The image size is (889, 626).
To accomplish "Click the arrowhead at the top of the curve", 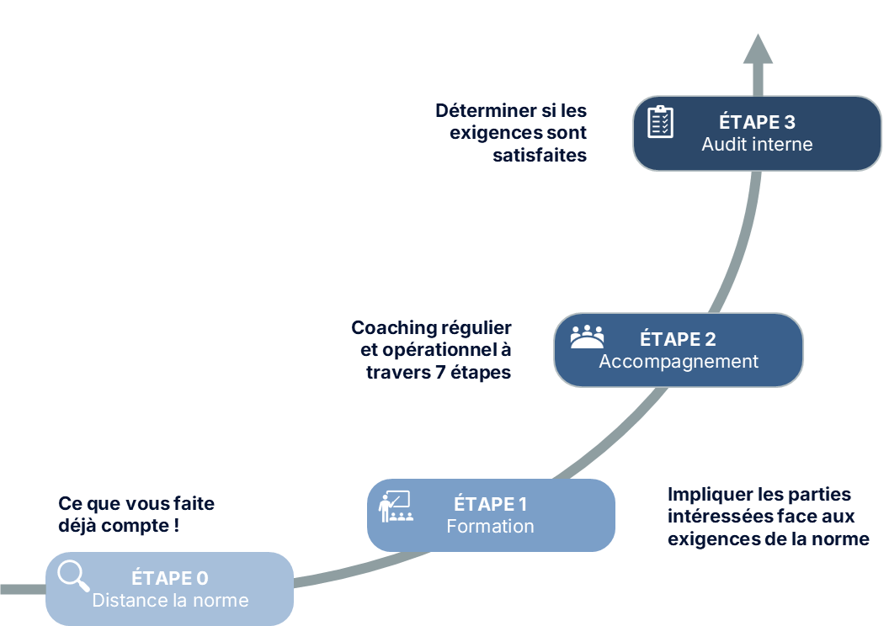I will [759, 50].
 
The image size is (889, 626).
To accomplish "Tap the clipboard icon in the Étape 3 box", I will [660, 122].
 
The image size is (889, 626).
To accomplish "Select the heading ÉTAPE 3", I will [757, 123].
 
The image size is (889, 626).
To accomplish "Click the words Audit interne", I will [757, 145].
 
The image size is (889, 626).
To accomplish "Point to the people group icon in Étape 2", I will [587, 337].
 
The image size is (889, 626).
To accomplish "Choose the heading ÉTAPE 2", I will [678, 340].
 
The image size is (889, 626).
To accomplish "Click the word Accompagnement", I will [679, 362].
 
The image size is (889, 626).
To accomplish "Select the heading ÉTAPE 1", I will [490, 505].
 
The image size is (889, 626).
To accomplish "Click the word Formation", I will [490, 527].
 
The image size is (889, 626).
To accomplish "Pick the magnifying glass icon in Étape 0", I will [73, 576].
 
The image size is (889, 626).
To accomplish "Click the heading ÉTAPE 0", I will [169, 579].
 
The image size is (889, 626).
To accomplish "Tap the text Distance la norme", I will [170, 601].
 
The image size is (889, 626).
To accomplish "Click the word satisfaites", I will [540, 156].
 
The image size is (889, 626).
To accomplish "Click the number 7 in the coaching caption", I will [440, 372].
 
